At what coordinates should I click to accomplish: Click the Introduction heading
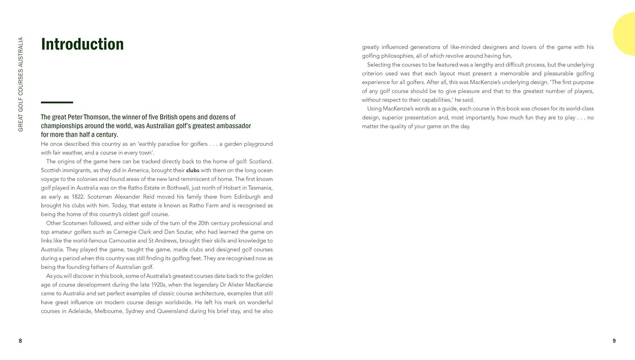pos(82,44)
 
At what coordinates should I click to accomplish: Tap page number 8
pos(20,341)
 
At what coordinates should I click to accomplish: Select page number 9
pos(614,341)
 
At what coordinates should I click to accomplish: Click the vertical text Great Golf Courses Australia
pos(21,85)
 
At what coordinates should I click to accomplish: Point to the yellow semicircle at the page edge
pos(626,34)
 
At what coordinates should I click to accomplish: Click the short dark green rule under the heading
pos(57,102)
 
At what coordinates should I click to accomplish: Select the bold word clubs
pos(193,170)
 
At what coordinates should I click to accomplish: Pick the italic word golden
pos(264,276)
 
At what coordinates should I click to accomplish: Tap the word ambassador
pos(232,126)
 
